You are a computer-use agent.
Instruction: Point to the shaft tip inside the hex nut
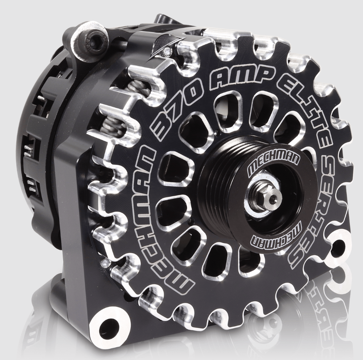(273, 199)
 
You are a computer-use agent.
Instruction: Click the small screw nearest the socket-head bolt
(167, 51)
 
